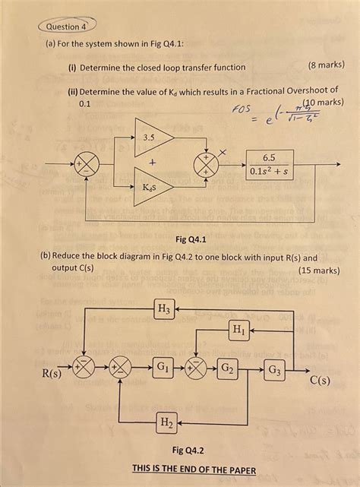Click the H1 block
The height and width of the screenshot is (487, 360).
click(x=238, y=329)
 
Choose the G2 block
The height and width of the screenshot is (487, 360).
click(x=228, y=370)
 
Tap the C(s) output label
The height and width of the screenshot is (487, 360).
click(x=319, y=381)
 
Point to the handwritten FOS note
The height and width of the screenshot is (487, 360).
click(x=242, y=112)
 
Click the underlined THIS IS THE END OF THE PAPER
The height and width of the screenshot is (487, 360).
click(x=194, y=470)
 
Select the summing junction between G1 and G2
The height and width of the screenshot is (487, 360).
click(x=196, y=369)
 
